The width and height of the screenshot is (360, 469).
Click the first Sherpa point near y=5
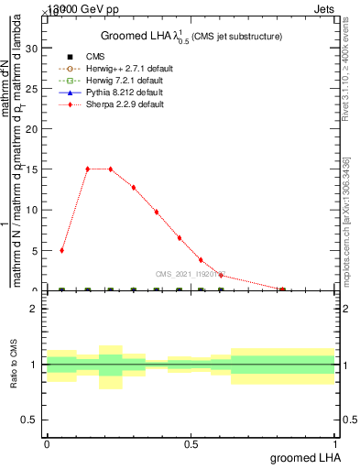[x=61, y=250]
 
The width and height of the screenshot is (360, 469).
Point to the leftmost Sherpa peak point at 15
[x=87, y=169]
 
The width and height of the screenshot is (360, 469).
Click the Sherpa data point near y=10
[x=157, y=212]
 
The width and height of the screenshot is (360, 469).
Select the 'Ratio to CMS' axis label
[x=14, y=365]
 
